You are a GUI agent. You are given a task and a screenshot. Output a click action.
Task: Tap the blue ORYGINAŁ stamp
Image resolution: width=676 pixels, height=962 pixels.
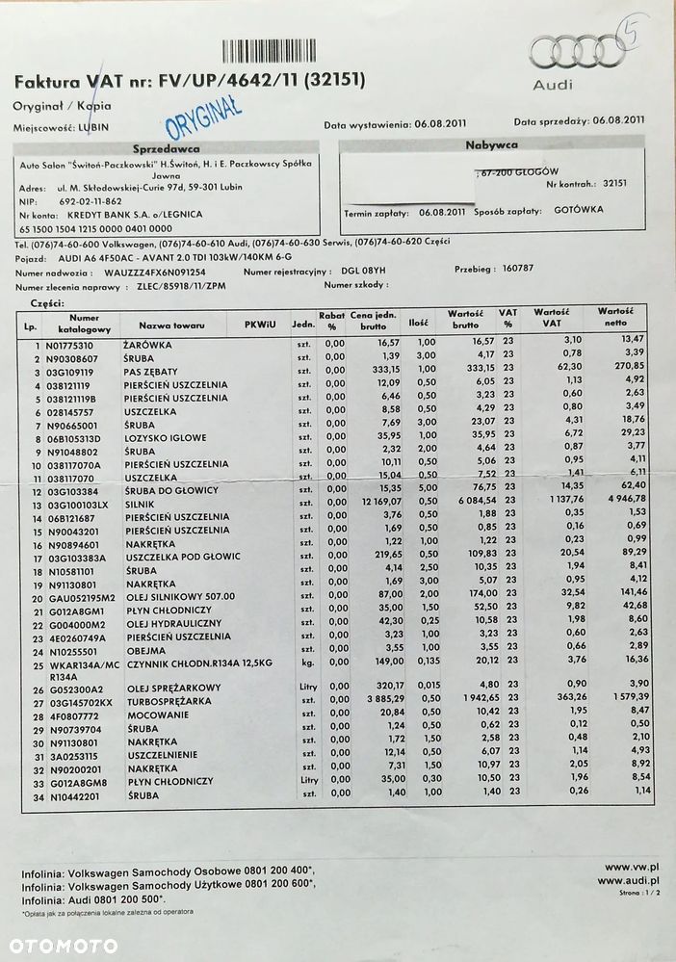tap(203, 118)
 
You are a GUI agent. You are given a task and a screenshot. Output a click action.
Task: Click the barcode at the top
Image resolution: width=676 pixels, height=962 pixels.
tap(282, 50)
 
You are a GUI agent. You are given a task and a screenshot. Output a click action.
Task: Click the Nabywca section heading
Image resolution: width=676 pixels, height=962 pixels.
tap(491, 144)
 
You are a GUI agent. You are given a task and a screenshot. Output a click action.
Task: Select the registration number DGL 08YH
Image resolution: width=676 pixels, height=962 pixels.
tap(362, 273)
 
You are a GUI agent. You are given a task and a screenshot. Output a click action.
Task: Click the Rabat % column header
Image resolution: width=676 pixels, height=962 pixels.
tap(332, 320)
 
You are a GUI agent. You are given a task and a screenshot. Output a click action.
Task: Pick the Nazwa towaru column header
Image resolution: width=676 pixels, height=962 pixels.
tap(168, 325)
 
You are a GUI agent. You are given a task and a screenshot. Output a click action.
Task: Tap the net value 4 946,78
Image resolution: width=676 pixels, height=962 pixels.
tap(612, 502)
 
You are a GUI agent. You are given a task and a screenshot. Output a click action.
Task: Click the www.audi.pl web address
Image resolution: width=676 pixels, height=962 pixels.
tap(628, 880)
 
